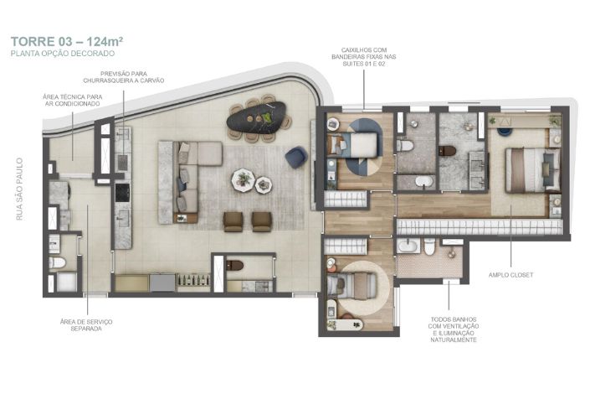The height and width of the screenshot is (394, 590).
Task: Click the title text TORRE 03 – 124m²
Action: point(67,41)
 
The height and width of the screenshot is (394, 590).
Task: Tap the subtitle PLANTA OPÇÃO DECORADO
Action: point(63,54)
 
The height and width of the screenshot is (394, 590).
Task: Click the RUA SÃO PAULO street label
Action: point(19,189)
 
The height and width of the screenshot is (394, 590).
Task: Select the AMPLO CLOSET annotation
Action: point(510,275)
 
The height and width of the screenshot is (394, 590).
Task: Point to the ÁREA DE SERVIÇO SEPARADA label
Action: point(86,325)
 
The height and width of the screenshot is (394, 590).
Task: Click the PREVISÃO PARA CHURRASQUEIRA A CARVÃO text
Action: point(123,77)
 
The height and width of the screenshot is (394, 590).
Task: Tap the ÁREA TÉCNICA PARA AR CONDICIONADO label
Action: point(72,101)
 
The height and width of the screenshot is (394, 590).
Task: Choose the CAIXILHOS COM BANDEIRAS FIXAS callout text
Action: point(364,57)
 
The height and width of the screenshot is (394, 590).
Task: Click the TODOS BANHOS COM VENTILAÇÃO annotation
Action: point(454,329)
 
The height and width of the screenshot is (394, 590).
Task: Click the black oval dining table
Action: point(257,117)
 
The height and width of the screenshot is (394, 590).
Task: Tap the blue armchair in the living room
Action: point(296,157)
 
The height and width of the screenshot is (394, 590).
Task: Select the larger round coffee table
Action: point(243,180)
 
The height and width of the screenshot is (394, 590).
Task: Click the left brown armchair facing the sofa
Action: point(233,221)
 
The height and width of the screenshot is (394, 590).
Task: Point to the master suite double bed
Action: point(532,170)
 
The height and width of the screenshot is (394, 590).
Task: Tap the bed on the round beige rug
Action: point(351,285)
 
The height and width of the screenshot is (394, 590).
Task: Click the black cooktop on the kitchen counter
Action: point(122,192)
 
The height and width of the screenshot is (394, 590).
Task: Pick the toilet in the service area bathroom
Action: point(57,262)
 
